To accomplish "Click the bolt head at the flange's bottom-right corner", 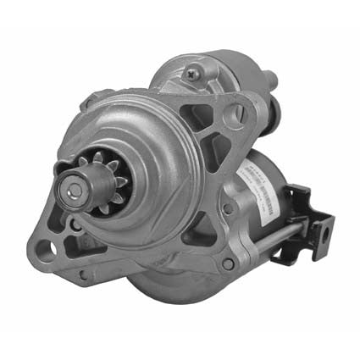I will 227,263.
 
